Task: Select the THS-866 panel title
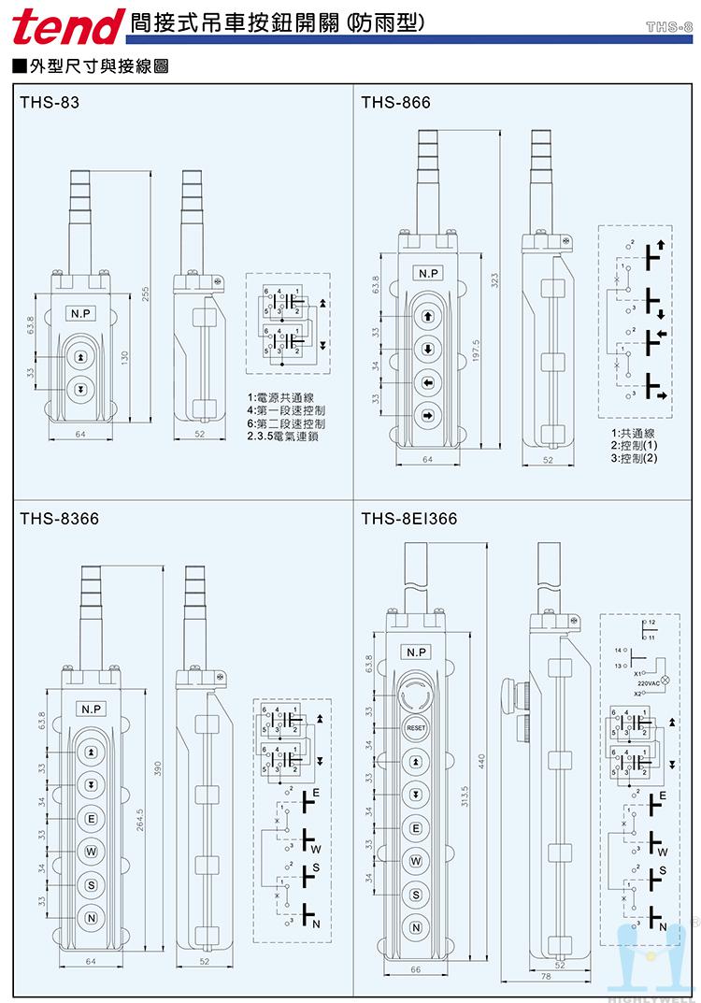coord(395,104)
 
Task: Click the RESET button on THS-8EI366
coord(416,727)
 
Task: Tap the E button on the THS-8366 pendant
coord(91,817)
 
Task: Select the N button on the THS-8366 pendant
coord(91,917)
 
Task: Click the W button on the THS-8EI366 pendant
coord(416,860)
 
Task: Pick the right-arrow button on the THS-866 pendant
coord(427,414)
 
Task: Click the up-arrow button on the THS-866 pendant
coord(427,317)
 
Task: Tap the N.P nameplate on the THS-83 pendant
coord(79,314)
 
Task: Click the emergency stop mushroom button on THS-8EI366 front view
coord(416,693)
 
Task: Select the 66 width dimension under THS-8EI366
coord(415,969)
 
